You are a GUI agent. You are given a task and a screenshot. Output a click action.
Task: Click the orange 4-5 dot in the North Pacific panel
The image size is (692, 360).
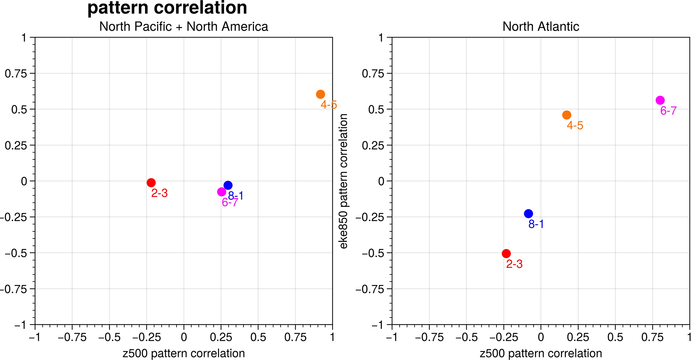pyautogui.click(x=320, y=94)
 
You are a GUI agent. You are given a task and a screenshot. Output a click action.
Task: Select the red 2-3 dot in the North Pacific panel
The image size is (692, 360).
pyautogui.click(x=151, y=183)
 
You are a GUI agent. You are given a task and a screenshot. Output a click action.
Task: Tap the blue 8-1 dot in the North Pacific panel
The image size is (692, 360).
pyautogui.click(x=228, y=185)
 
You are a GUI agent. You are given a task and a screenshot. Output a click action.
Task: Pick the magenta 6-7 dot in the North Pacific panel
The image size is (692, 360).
pyautogui.click(x=221, y=192)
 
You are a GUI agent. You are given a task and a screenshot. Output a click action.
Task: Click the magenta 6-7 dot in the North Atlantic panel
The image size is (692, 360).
pyautogui.click(x=660, y=100)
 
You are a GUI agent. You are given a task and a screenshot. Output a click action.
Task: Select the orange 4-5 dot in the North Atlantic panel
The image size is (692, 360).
pyautogui.click(x=566, y=115)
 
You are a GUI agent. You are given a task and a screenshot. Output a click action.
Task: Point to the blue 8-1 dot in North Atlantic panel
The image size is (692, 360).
pyautogui.click(x=528, y=214)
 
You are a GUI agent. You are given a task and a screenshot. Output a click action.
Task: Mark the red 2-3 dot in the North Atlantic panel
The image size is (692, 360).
pyautogui.click(x=506, y=254)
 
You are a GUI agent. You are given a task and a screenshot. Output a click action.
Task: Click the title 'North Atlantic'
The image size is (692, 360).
pyautogui.click(x=541, y=26)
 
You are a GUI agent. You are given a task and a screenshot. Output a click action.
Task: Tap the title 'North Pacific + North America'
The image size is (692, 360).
pyautogui.click(x=184, y=26)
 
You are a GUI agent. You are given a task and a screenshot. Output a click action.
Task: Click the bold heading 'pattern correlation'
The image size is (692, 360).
pyautogui.click(x=167, y=8)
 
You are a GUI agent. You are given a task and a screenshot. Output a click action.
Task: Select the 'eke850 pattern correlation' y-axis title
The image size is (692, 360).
pyautogui.click(x=344, y=181)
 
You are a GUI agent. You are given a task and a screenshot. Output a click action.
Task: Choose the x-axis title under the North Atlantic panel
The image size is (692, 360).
pyautogui.click(x=541, y=353)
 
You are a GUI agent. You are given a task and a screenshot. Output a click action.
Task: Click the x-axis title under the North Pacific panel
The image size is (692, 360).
pyautogui.click(x=184, y=353)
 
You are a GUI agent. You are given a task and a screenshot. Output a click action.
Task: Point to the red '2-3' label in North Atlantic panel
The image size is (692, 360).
pyautogui.click(x=514, y=264)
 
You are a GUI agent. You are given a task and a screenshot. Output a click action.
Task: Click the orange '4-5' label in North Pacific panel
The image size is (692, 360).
pyautogui.click(x=329, y=105)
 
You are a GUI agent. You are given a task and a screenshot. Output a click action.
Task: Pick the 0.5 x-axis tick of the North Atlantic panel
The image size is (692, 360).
pyautogui.click(x=615, y=337)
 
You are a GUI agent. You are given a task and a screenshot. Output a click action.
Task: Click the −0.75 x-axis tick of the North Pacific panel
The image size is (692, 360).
pyautogui.click(x=72, y=337)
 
